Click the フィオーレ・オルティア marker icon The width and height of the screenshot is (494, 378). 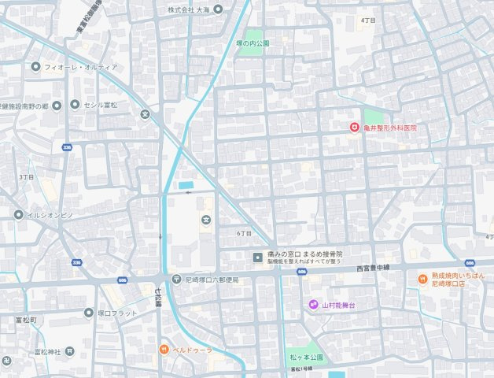click(35, 67)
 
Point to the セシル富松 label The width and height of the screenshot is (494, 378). click(101, 105)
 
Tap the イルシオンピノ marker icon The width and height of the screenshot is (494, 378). click(18, 214)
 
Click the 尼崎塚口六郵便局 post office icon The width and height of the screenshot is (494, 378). click(177, 280)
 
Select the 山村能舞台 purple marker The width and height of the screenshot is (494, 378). click(313, 305)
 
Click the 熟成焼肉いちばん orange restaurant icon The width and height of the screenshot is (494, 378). click(422, 280)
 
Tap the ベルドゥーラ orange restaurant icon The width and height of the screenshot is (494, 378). click(163, 349)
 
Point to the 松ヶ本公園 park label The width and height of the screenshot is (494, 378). click(307, 358)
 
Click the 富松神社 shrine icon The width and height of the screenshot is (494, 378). click(70, 351)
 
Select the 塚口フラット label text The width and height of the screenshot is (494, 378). click(117, 313)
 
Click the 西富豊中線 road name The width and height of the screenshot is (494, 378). click(371, 268)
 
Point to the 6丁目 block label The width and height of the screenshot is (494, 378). click(244, 234)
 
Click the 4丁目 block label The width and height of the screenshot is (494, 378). click(367, 20)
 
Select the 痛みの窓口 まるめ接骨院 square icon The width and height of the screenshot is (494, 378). click(257, 257)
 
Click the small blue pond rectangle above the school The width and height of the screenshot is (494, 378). click(186, 185)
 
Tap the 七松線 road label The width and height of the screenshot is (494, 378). click(157, 299)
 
